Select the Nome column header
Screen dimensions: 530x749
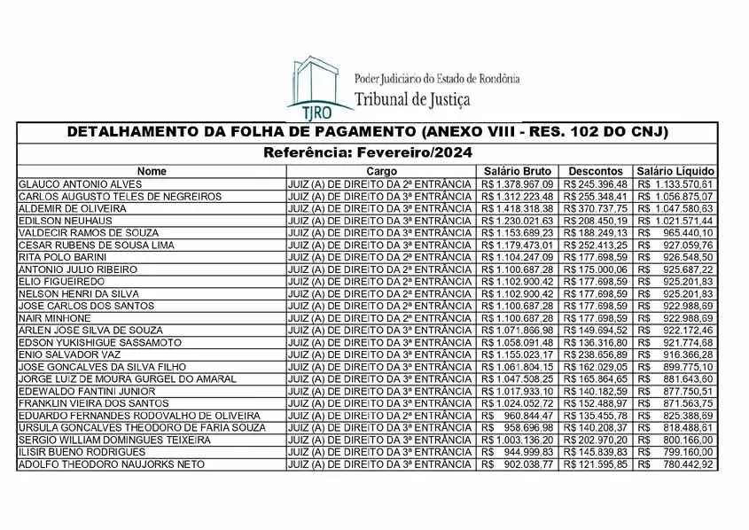point(152,171)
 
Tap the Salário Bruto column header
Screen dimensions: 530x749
point(518,171)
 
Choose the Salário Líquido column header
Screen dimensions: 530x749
point(675,171)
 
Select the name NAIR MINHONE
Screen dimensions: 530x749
point(54,318)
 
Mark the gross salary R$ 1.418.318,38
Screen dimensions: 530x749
point(517,207)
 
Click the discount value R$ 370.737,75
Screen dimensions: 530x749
point(596,207)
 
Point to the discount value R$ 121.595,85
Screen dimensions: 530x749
point(596,464)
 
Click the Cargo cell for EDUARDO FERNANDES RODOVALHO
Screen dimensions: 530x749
point(379,416)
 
